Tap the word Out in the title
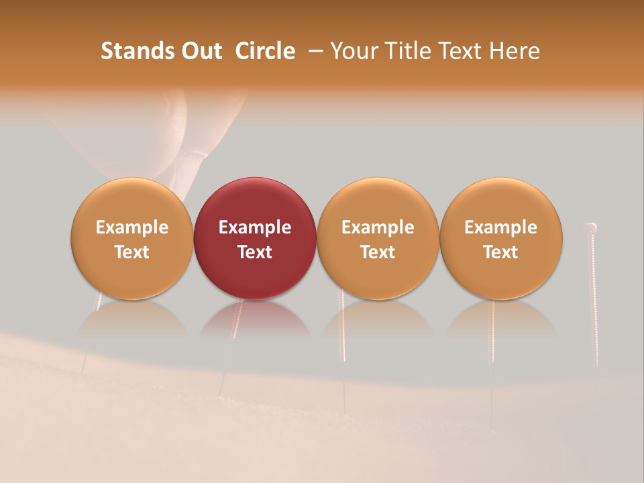tap(199, 51)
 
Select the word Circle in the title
tap(265, 51)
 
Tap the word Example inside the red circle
tap(255, 227)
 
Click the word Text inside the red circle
tap(255, 252)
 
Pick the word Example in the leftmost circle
tap(132, 227)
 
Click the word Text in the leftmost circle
tap(132, 252)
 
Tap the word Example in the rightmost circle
tap(500, 227)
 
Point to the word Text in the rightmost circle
tap(500, 252)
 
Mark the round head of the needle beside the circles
tap(591, 227)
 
